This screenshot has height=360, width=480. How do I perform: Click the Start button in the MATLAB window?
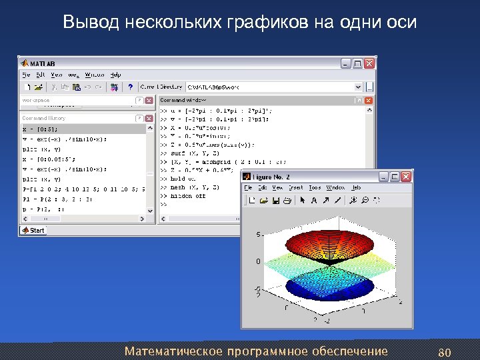pyautogui.click(x=33, y=231)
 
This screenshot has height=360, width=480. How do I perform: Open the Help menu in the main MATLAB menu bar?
pyautogui.click(x=115, y=75)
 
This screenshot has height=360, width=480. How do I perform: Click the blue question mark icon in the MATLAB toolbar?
pyautogui.click(x=131, y=87)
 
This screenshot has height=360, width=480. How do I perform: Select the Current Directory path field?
pyautogui.click(x=273, y=87)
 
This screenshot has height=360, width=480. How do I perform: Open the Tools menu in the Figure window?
pyautogui.click(x=315, y=188)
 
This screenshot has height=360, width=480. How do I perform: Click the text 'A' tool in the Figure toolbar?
pyautogui.click(x=314, y=199)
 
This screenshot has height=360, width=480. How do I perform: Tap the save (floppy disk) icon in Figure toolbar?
pyautogui.click(x=275, y=199)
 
